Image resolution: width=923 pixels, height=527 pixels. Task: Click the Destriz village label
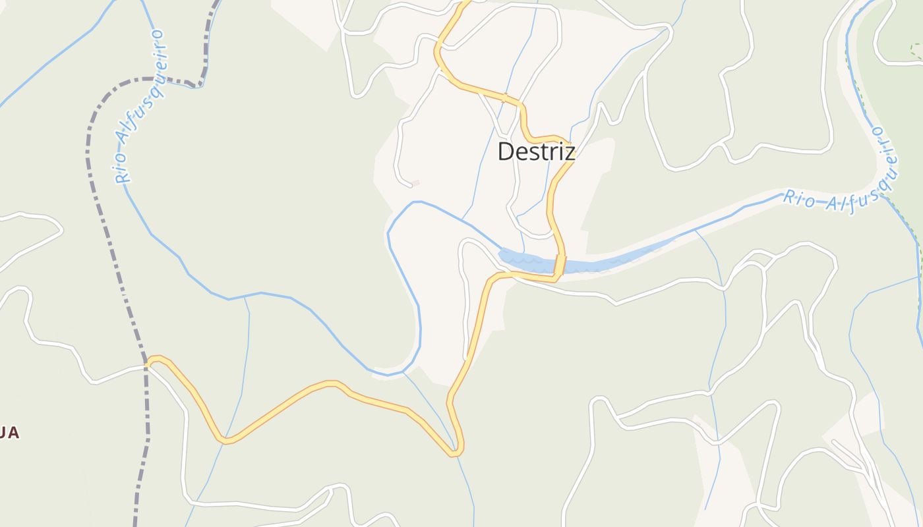click(536, 152)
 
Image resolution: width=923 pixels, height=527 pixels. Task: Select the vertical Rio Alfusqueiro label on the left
click(139, 105)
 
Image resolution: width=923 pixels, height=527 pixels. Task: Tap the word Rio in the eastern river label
click(798, 199)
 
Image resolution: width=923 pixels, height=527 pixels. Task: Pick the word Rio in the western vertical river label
click(122, 169)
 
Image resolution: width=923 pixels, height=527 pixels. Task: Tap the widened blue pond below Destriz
click(527, 261)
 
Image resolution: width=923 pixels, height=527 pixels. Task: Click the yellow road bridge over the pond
click(560, 265)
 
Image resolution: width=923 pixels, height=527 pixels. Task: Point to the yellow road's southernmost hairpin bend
click(455, 452)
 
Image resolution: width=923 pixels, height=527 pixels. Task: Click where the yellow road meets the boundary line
click(146, 362)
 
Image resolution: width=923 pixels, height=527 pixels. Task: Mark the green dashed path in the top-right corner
click(915, 49)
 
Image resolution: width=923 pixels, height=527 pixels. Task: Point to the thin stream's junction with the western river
click(245, 297)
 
